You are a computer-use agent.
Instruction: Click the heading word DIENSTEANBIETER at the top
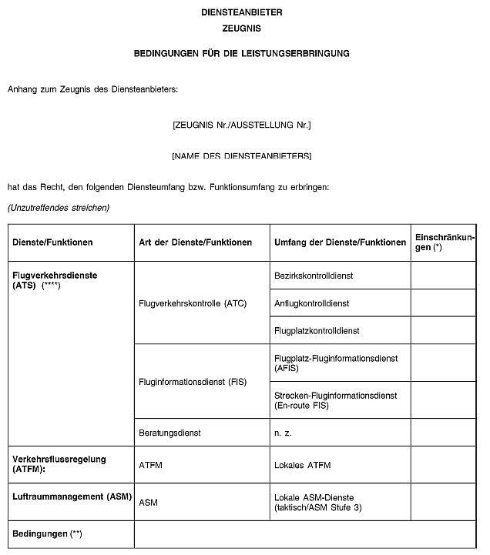[242, 13]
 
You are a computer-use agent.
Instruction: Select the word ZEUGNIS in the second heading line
[242, 28]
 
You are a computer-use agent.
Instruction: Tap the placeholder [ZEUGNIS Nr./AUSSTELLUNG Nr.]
[242, 124]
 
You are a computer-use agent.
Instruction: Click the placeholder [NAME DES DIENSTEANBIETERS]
[242, 155]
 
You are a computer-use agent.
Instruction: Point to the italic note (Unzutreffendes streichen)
[59, 208]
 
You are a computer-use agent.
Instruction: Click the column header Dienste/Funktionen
[52, 242]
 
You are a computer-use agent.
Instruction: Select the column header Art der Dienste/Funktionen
[196, 242]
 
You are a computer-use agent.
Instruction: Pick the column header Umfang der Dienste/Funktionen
[340, 242]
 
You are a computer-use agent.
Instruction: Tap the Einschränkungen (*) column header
[445, 242]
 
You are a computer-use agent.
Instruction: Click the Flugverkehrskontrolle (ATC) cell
[193, 303]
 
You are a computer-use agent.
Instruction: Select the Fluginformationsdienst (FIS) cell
[193, 382]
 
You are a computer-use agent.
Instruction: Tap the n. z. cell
[283, 433]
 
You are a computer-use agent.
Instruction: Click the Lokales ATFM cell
[303, 465]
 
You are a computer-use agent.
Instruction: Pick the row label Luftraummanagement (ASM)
[69, 497]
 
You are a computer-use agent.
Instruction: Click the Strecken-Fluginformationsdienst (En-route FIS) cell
[335, 400]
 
